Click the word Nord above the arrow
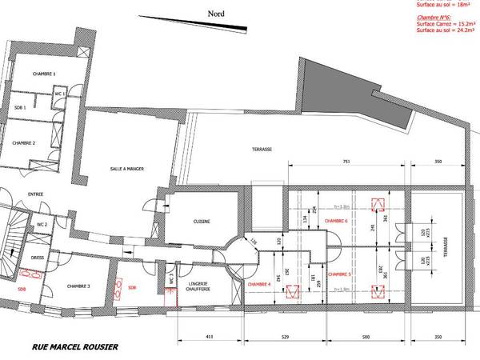[215, 14]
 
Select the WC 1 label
[58, 94]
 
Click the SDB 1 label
[21, 107]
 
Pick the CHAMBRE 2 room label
[24, 142]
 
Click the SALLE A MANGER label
[127, 169]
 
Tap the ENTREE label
[34, 194]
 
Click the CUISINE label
[202, 222]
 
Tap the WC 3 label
[171, 278]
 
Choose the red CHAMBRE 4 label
[259, 284]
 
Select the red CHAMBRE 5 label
[339, 273]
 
